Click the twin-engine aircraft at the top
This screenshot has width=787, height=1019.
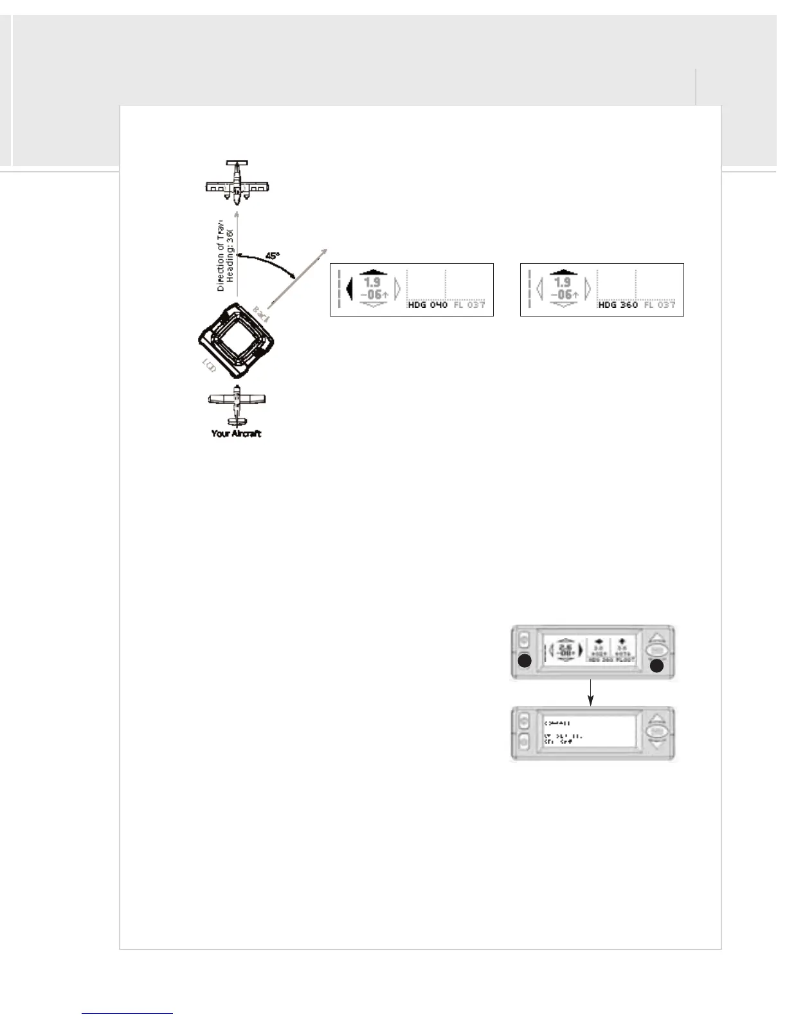[237, 180]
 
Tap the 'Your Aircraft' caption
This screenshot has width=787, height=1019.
[236, 434]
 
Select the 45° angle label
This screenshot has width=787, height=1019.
[273, 255]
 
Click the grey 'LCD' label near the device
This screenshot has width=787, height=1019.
[208, 367]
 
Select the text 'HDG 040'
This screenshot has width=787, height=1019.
[428, 305]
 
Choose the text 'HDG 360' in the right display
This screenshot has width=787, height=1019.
[618, 305]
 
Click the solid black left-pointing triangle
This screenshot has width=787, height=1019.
[349, 290]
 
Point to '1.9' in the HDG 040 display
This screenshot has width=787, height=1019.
[372, 282]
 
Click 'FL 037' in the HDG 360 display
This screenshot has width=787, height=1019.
[660, 305]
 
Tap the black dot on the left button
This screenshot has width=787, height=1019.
[525, 661]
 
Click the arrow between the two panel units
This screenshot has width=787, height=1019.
[591, 693]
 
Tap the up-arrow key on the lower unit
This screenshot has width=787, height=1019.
[655, 719]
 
